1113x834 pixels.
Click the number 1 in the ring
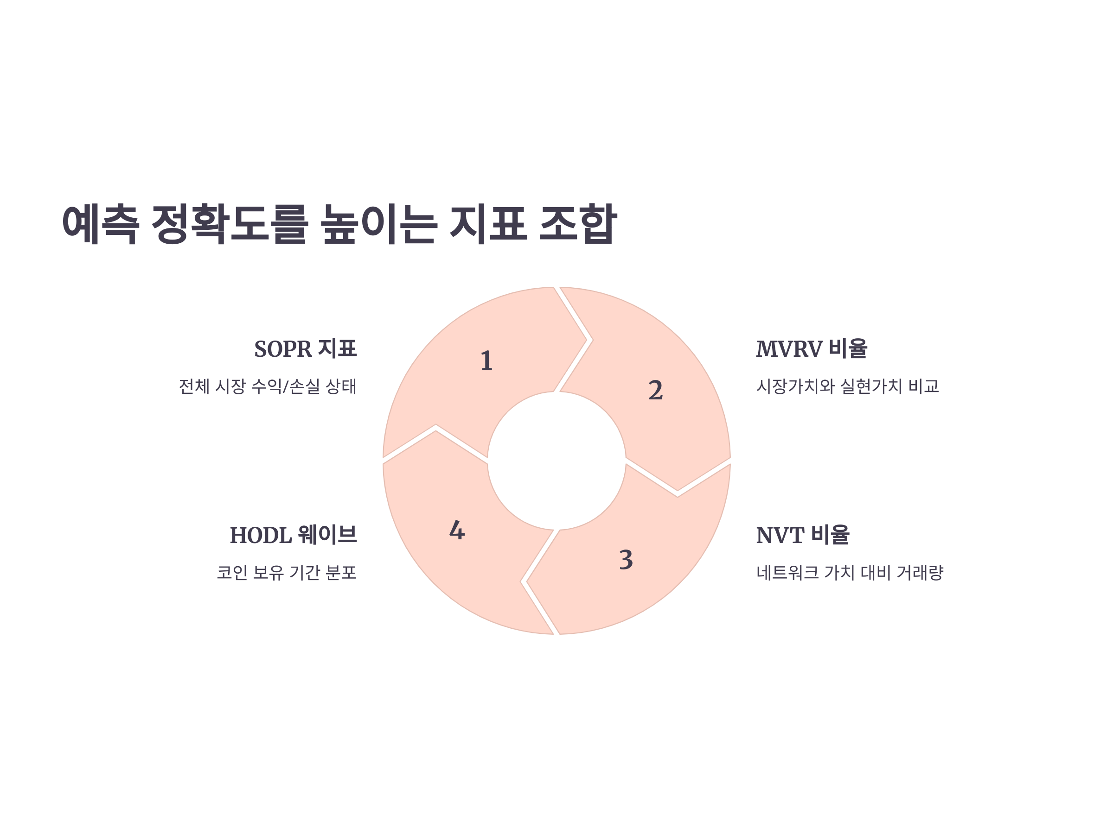point(486,361)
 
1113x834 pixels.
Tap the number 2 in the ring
point(655,391)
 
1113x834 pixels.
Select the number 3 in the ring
point(626,560)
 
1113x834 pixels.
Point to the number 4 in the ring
point(457,531)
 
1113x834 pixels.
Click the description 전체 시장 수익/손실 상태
point(268,386)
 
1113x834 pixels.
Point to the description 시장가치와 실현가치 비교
point(847,386)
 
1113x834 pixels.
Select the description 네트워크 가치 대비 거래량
point(849,573)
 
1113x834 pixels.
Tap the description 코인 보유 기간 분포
point(287,573)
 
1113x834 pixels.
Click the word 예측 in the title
point(101,224)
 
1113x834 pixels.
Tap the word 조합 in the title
point(578,224)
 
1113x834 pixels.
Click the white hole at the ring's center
point(556,461)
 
